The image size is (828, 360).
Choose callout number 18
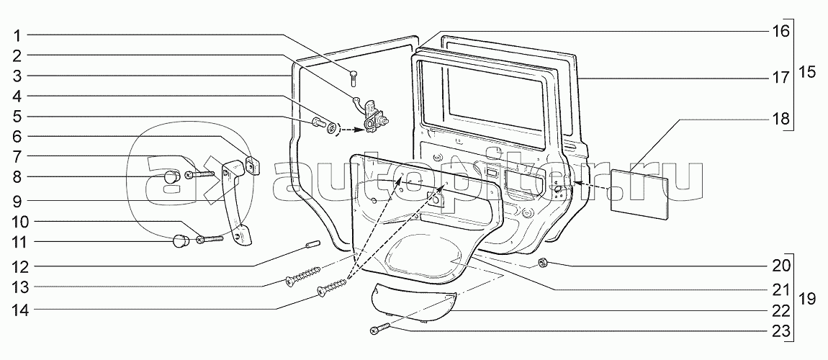click(x=781, y=118)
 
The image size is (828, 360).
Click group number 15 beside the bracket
click(x=808, y=73)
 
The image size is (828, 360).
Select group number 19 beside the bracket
click(x=808, y=297)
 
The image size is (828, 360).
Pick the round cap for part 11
click(x=179, y=241)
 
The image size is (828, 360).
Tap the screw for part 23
click(x=379, y=330)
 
